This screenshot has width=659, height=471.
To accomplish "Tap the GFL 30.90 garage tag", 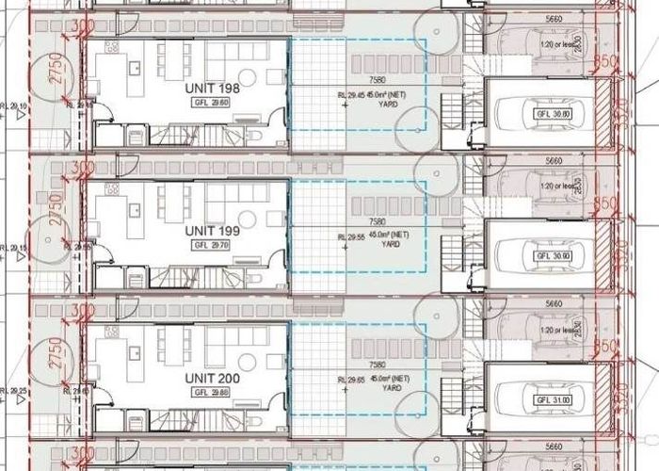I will point(546,256).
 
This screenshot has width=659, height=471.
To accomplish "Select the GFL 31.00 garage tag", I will point(546,397).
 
